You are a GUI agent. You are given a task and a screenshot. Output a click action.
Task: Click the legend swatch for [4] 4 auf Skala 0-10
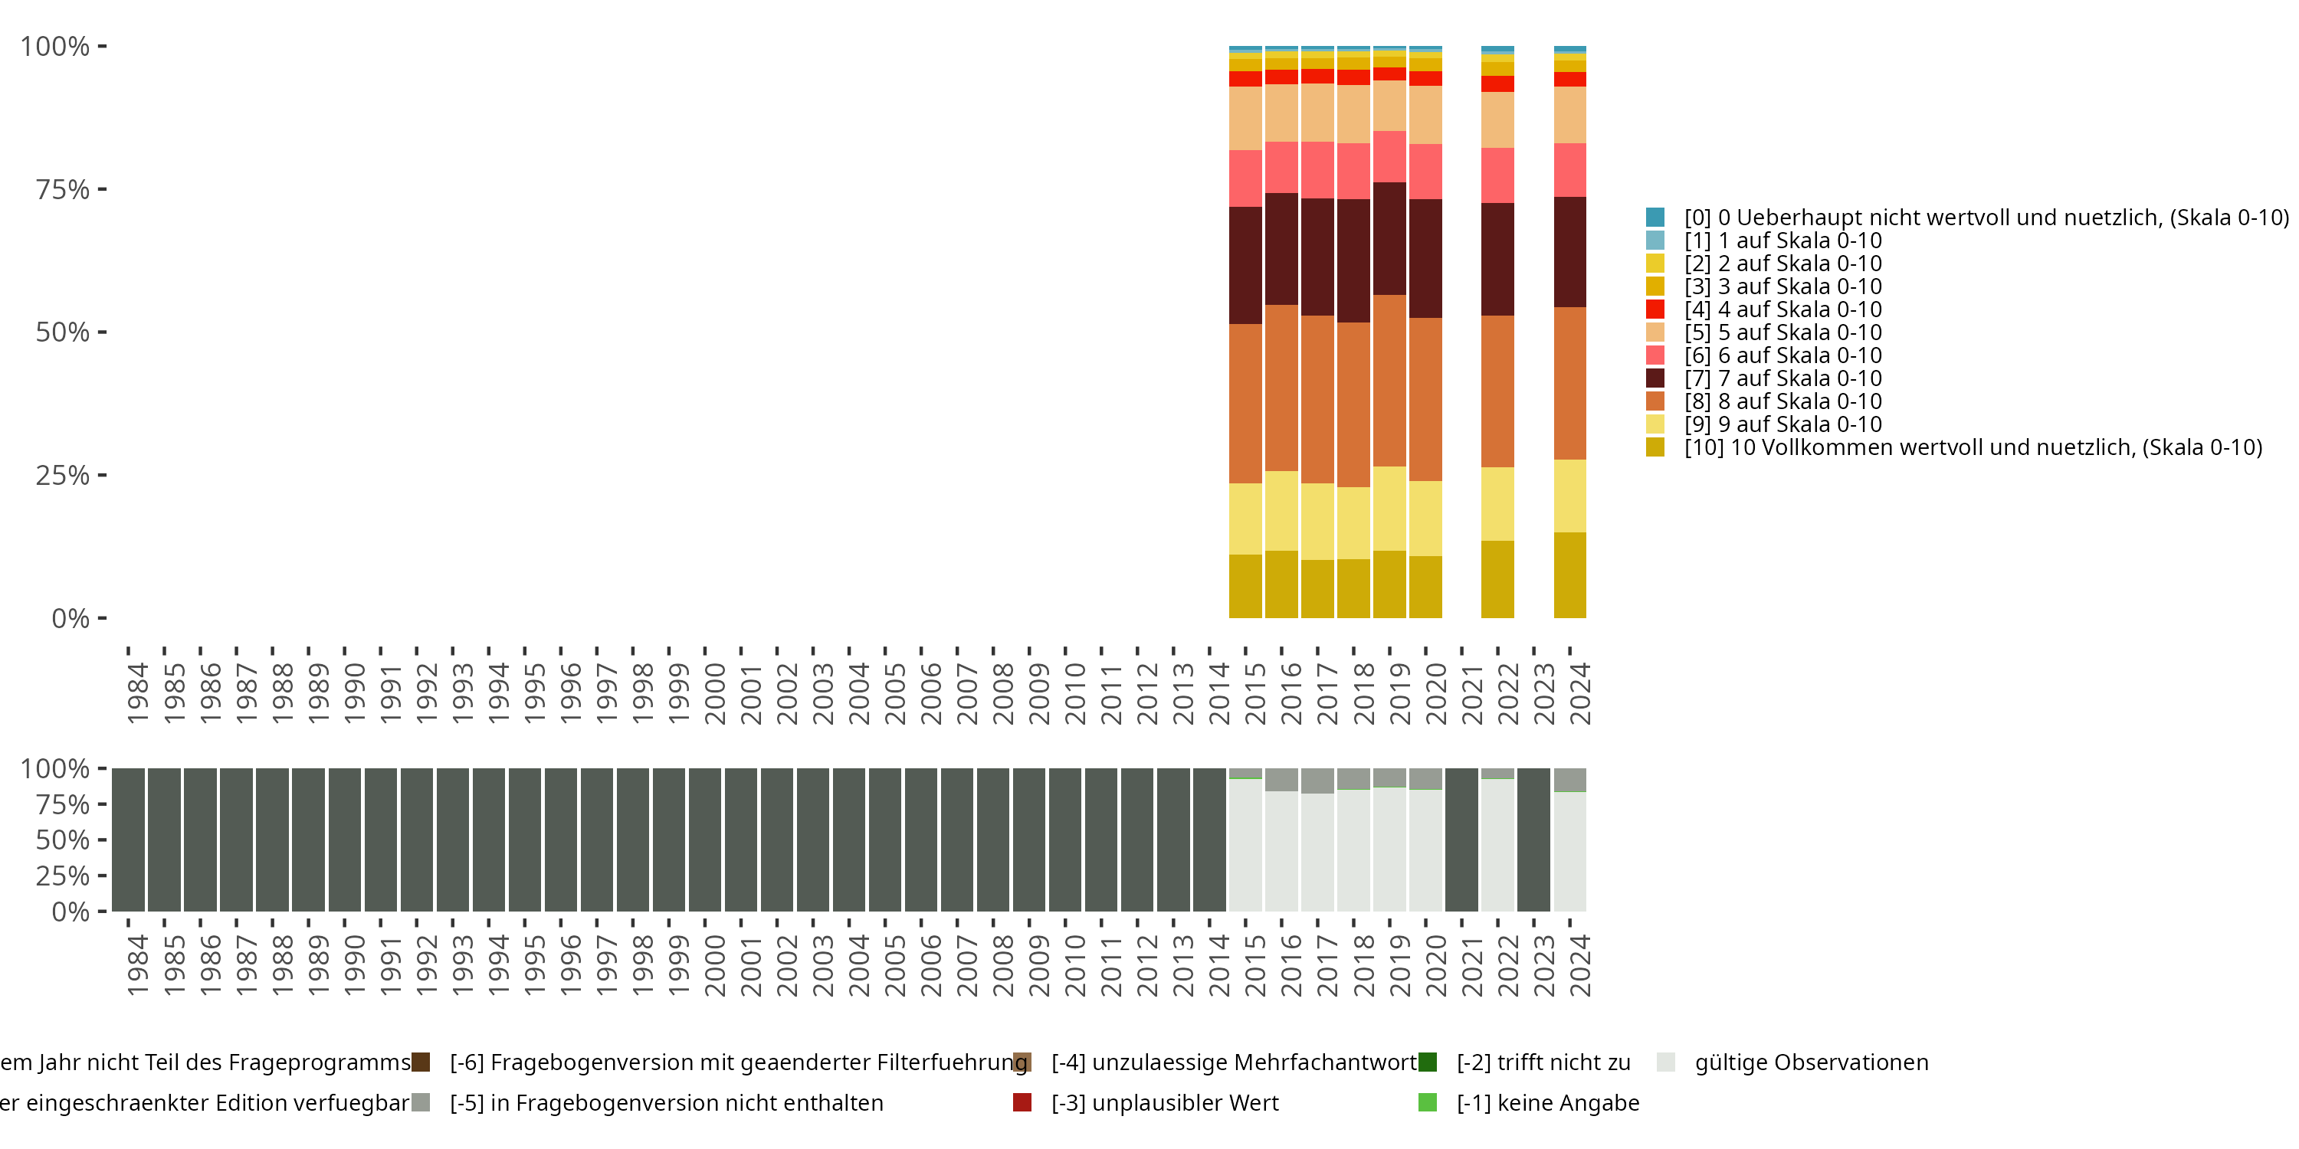pyautogui.click(x=1655, y=309)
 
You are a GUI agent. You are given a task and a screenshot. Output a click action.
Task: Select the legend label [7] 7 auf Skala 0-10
pyautogui.click(x=1782, y=378)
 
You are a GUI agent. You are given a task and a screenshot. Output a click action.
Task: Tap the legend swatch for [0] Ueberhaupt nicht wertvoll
pyautogui.click(x=1655, y=217)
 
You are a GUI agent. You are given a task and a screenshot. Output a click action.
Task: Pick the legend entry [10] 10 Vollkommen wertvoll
pyautogui.click(x=1973, y=447)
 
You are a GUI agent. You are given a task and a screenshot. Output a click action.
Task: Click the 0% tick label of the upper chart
pyautogui.click(x=70, y=618)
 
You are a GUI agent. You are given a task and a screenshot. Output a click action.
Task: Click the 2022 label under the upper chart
pyautogui.click(x=1507, y=693)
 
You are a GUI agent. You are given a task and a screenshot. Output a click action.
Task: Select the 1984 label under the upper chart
pyautogui.click(x=137, y=693)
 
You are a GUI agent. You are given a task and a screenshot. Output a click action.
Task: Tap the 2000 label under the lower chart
pyautogui.click(x=714, y=965)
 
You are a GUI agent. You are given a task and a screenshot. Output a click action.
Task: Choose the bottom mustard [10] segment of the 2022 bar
pyautogui.click(x=1497, y=579)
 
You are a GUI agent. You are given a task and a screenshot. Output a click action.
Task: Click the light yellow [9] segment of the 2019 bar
pyautogui.click(x=1389, y=509)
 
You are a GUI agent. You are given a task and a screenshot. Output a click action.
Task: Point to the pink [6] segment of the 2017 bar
pyautogui.click(x=1317, y=169)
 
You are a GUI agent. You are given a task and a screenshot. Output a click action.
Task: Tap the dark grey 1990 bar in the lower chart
pyautogui.click(x=345, y=840)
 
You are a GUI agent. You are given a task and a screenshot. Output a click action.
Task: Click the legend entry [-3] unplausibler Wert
pyautogui.click(x=1164, y=1102)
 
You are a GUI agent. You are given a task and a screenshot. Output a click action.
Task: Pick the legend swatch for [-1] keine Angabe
pyautogui.click(x=1427, y=1102)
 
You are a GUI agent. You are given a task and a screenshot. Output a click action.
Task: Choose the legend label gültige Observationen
pyautogui.click(x=1811, y=1062)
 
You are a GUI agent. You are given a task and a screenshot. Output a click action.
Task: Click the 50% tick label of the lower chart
pyautogui.click(x=63, y=840)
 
